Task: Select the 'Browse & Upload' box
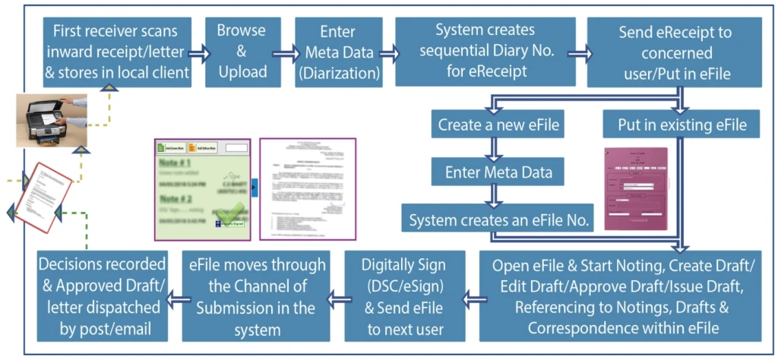coord(242,52)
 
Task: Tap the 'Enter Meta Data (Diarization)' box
coord(337,52)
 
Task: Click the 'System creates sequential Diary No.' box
coord(484,52)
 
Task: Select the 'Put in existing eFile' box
coord(682,125)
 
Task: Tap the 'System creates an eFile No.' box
coord(499,220)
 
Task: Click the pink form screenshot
coord(635,188)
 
